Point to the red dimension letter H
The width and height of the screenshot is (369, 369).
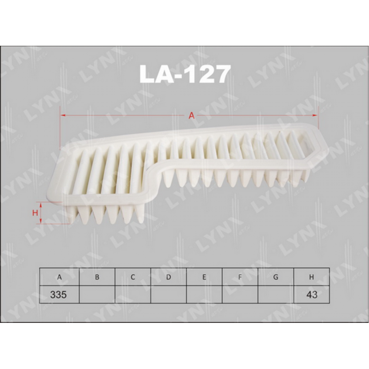[35, 213]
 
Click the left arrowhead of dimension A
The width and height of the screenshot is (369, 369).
[63, 115]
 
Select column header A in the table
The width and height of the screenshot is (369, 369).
[59, 277]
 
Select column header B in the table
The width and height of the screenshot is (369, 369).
[97, 277]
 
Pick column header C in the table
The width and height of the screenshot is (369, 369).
[133, 277]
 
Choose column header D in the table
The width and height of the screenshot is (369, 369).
[169, 277]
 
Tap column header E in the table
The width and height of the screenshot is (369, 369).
[204, 277]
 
